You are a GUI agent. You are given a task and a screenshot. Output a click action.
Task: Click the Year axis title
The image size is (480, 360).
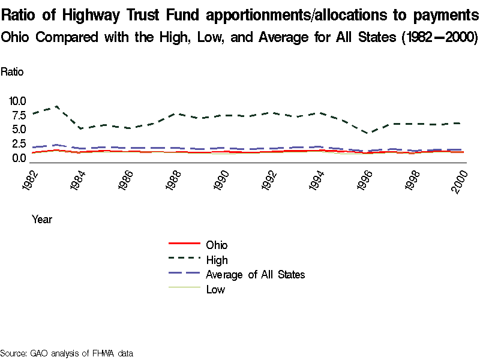[42, 220]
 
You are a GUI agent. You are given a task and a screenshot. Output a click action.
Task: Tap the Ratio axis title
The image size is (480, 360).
[12, 72]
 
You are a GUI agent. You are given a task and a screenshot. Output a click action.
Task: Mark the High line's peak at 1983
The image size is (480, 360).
[56, 106]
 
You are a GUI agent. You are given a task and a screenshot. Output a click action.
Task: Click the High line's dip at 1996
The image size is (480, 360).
[370, 133]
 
